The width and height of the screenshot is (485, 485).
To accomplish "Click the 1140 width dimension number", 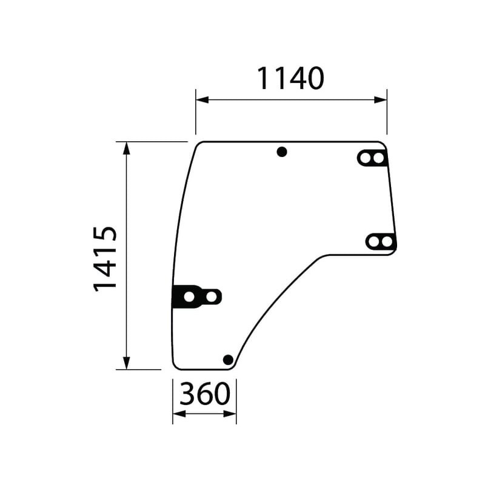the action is (x=290, y=79).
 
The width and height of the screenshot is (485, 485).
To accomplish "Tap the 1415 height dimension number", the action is (x=105, y=259).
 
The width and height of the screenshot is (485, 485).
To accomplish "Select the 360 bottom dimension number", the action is (x=205, y=393).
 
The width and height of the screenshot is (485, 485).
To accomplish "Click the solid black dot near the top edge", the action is (x=282, y=152).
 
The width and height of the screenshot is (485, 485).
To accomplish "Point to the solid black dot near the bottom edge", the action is (x=228, y=360).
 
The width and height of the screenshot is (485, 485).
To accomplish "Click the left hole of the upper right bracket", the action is (x=366, y=158).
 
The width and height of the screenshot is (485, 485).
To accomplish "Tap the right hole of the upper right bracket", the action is (x=378, y=158).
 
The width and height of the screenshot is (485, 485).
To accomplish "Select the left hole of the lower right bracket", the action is (x=373, y=241).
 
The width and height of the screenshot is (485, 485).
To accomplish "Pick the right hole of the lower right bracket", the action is (x=386, y=241).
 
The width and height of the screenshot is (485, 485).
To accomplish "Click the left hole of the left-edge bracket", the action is (x=189, y=297).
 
